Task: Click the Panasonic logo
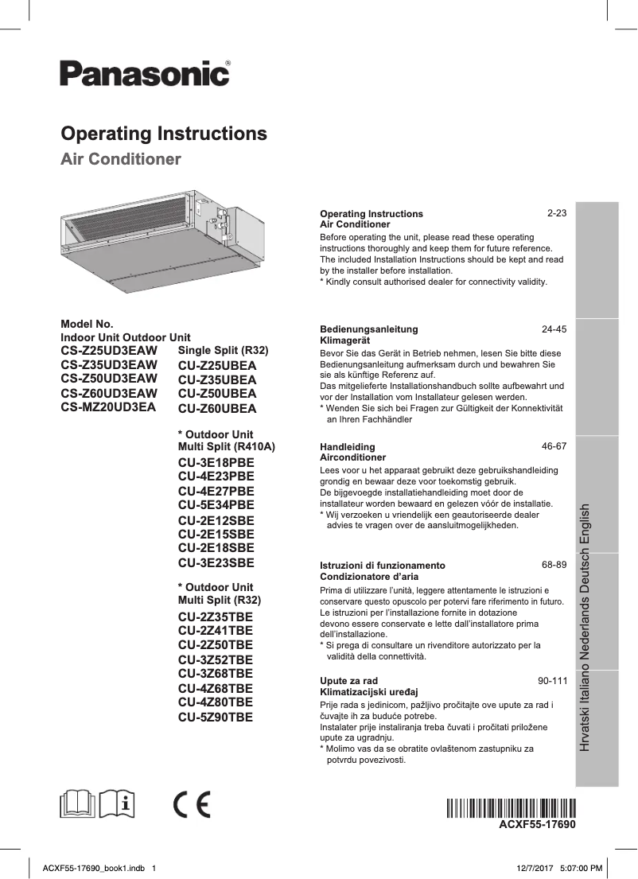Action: [146, 74]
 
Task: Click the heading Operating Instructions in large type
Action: [164, 133]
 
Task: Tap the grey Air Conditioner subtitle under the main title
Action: [121, 159]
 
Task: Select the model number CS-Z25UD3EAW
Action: [109, 351]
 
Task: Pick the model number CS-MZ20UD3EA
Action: [108, 406]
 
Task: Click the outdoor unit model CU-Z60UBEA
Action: [217, 408]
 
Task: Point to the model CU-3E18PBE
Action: [216, 462]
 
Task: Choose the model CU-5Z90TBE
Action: [216, 717]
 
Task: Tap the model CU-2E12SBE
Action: [216, 520]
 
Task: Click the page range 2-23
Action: [556, 214]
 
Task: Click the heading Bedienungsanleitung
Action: [368, 329]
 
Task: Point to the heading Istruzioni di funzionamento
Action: [382, 565]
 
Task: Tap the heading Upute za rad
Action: [348, 682]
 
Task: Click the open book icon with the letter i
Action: [120, 804]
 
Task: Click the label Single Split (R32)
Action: [224, 351]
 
